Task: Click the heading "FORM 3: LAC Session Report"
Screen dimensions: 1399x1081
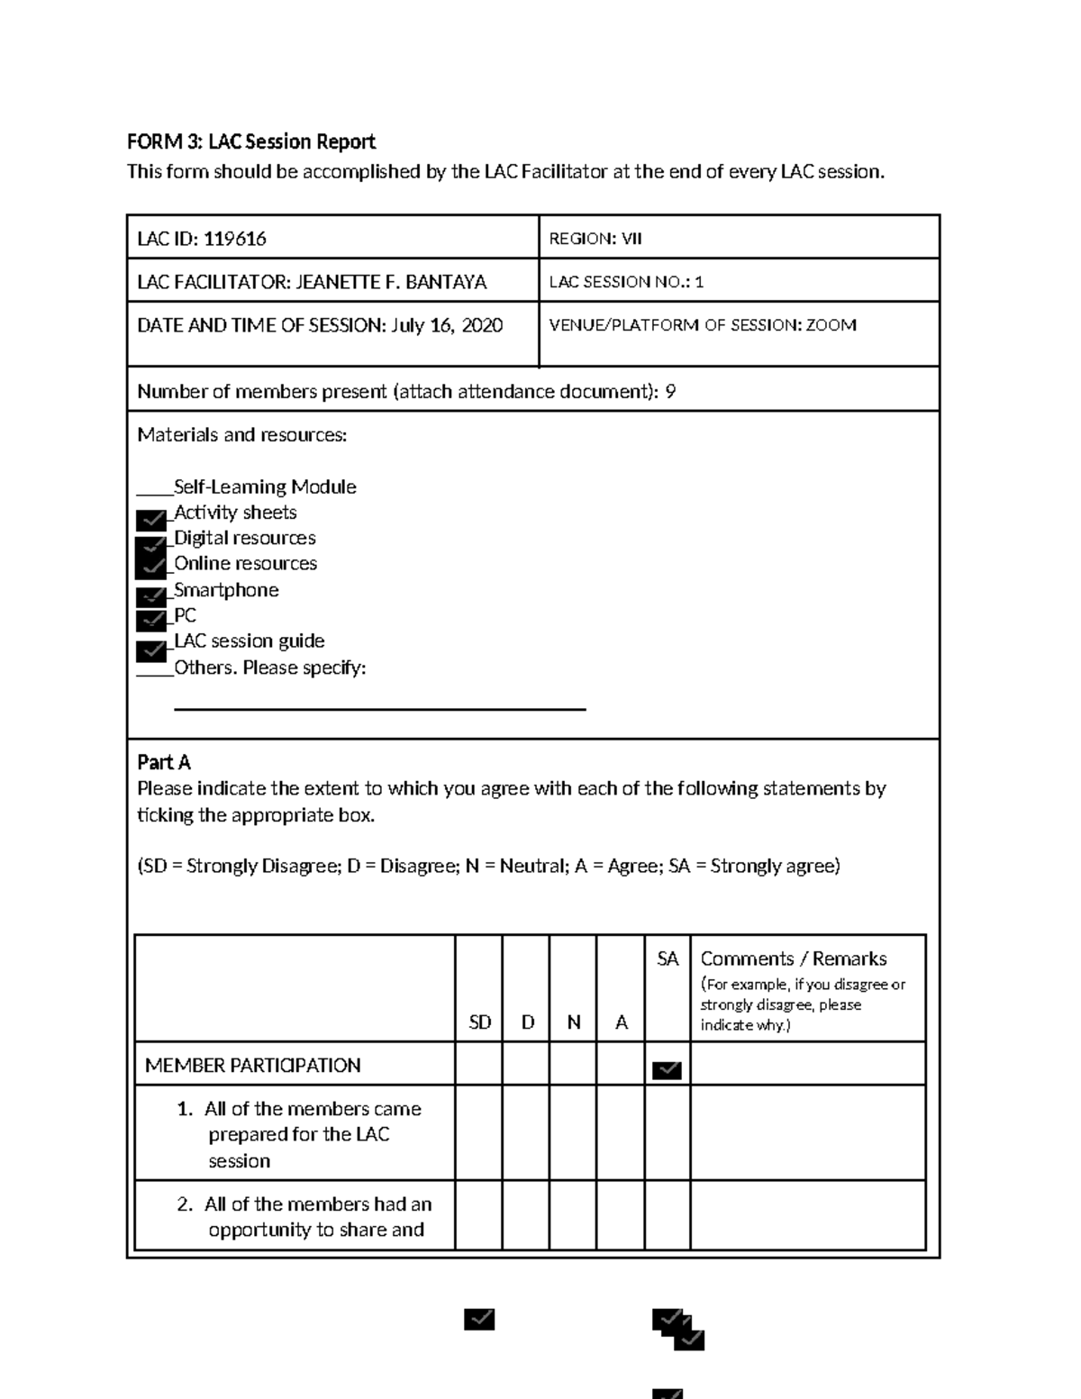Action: [250, 141]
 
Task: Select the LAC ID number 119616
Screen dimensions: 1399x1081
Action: [234, 239]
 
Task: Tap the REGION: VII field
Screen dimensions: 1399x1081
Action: [595, 239]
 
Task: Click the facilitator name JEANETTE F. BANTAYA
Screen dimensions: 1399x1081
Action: [391, 282]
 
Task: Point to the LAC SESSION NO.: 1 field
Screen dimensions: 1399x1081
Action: [626, 282]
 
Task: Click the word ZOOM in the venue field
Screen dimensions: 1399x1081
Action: [831, 325]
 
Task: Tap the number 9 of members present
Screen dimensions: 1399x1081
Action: [669, 392]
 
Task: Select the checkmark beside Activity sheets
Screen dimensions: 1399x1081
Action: [151, 520]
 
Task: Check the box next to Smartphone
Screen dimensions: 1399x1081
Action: [151, 596]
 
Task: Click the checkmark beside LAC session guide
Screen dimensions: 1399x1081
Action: [151, 650]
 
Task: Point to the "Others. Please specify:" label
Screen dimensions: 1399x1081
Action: [269, 668]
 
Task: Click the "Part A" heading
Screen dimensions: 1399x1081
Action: [163, 762]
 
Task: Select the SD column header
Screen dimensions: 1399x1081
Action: [479, 1022]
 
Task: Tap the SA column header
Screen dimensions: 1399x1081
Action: [668, 959]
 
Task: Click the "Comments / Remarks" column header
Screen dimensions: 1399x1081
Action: [793, 959]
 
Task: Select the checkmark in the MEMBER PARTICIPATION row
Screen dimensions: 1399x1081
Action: [667, 1070]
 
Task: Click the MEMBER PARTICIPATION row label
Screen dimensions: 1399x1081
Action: [252, 1066]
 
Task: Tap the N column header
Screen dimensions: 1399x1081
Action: [573, 1022]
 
